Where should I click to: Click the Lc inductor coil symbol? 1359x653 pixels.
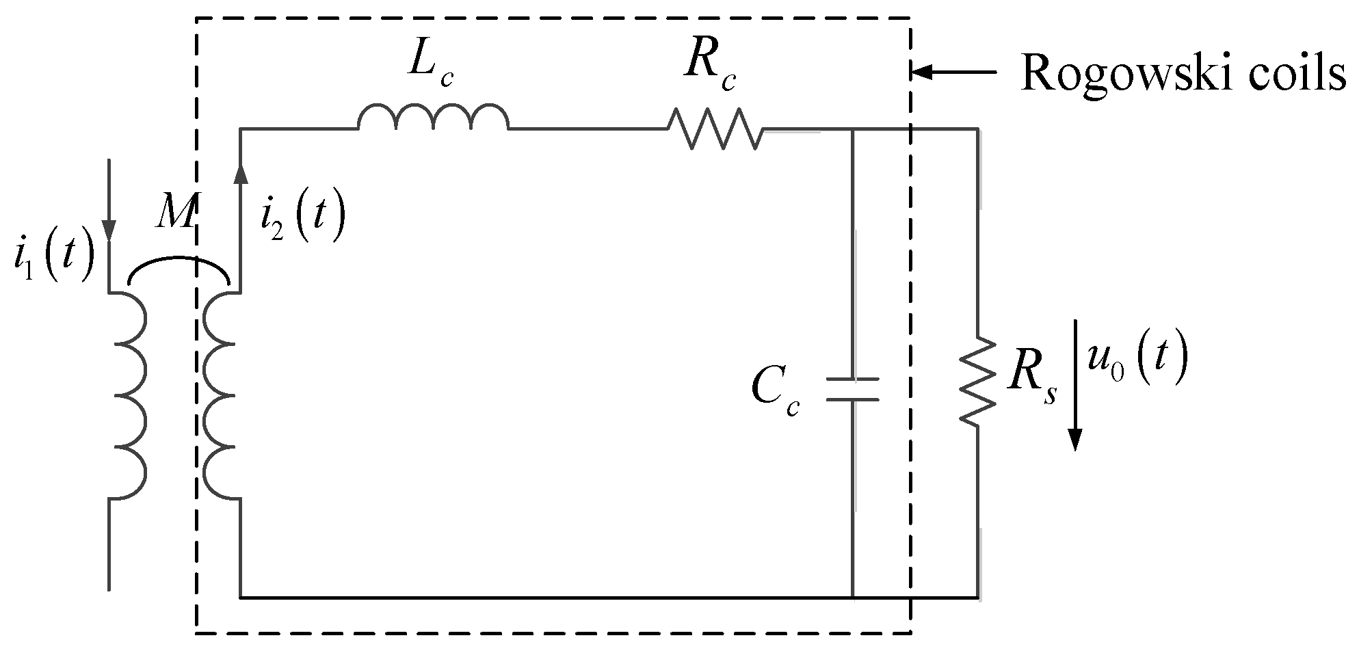point(433,118)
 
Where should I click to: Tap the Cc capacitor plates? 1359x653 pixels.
point(852,389)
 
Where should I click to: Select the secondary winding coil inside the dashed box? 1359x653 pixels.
point(220,396)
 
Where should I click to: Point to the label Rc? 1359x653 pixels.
point(710,65)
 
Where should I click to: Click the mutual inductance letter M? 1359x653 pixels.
point(174,213)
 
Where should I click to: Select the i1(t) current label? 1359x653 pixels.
point(53,261)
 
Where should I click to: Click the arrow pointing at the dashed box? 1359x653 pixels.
point(955,71)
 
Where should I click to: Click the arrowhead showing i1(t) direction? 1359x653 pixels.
point(109,232)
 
